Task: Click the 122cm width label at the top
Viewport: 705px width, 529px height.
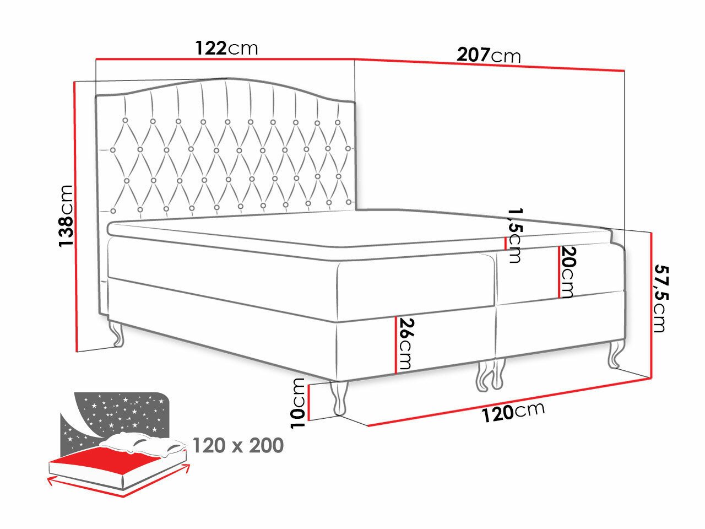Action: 226,48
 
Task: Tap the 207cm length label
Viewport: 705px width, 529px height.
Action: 489,55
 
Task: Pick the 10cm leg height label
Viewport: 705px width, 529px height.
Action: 298,403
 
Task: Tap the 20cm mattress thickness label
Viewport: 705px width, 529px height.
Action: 568,272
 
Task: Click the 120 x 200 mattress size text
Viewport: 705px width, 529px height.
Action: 238,445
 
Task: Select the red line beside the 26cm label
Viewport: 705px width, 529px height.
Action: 395,345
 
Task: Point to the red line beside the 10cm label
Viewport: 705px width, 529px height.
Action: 310,402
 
